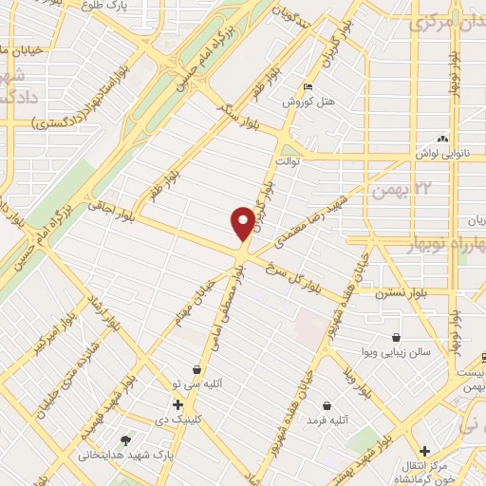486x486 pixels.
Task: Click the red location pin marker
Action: pyautogui.click(x=243, y=222)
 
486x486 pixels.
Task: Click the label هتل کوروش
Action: pyautogui.click(x=308, y=102)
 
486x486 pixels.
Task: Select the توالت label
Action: pyautogui.click(x=289, y=161)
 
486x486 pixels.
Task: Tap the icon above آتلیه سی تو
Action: pyautogui.click(x=196, y=369)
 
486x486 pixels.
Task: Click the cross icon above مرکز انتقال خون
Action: pyautogui.click(x=424, y=450)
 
